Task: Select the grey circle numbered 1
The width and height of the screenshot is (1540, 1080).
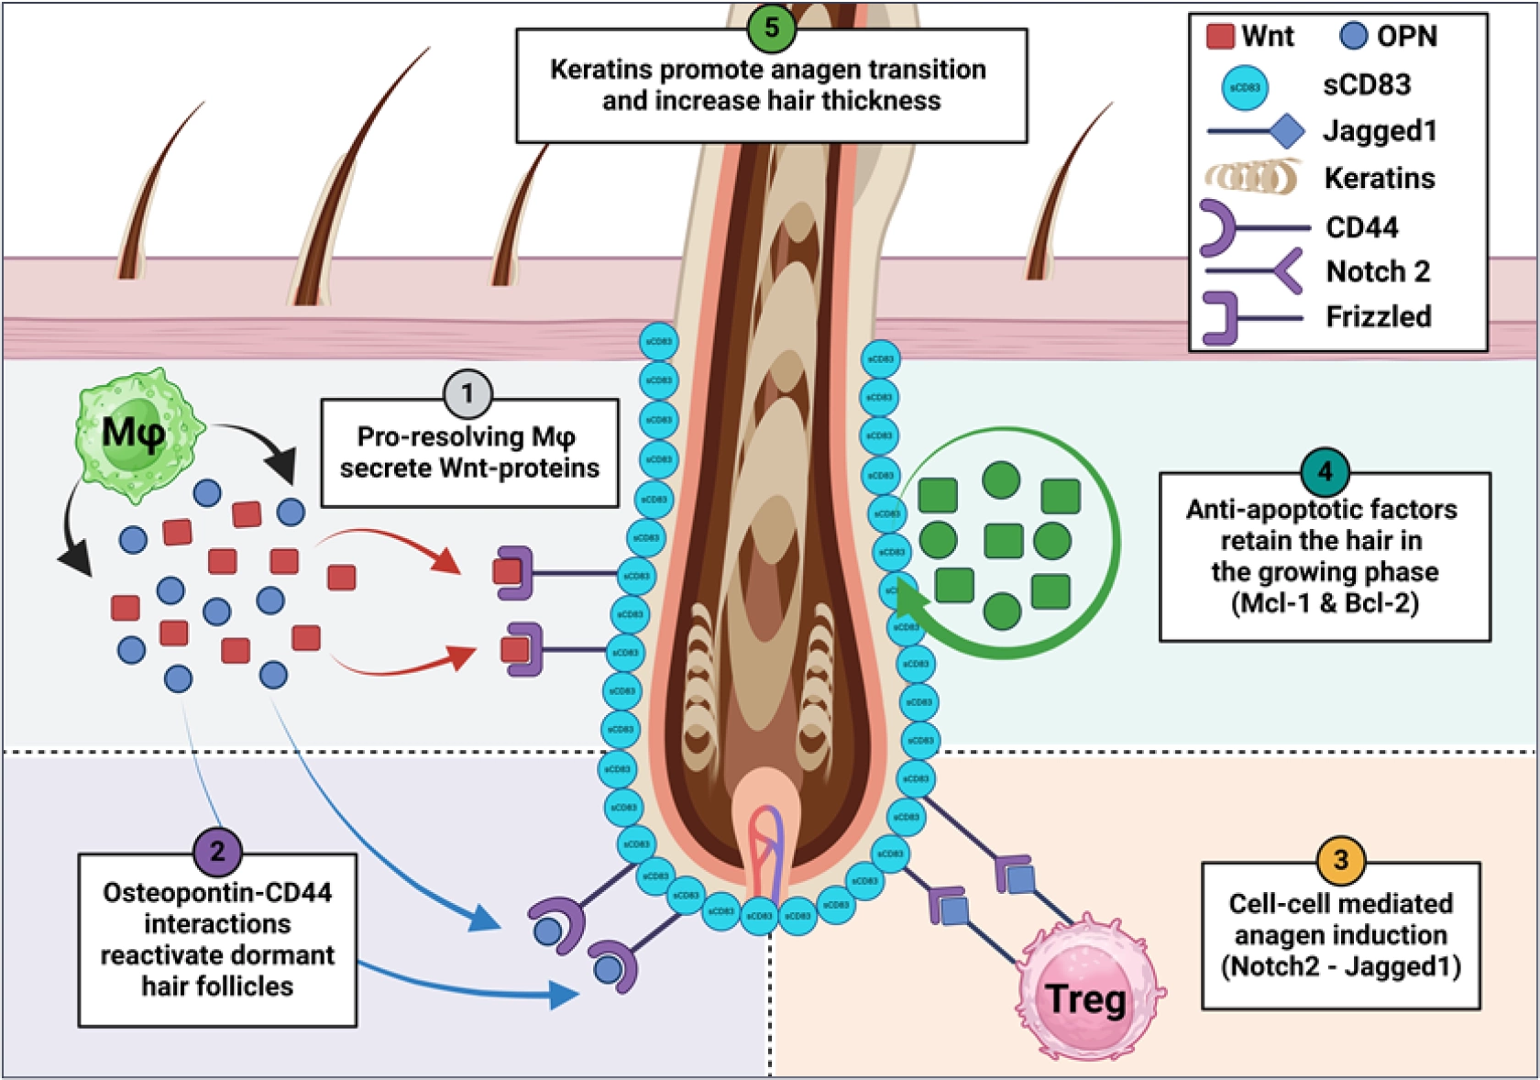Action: click(467, 393)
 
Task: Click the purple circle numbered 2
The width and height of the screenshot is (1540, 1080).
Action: click(217, 851)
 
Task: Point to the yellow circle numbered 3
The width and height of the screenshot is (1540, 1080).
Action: click(1341, 860)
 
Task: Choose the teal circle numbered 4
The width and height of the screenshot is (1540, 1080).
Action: click(1325, 472)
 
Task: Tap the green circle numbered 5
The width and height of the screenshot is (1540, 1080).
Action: click(771, 28)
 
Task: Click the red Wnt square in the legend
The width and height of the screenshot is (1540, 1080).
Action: click(1220, 37)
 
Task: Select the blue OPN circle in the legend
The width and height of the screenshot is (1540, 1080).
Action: click(1353, 37)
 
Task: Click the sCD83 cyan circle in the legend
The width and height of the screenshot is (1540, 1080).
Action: click(1245, 87)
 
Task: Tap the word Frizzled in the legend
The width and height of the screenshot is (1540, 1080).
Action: click(1378, 317)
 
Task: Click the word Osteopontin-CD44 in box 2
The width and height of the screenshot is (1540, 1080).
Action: click(217, 892)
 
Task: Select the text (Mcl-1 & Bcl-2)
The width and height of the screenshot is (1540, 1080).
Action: click(1325, 603)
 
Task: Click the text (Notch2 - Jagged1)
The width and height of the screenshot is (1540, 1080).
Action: click(1340, 966)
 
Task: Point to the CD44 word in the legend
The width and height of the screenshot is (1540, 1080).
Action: click(1361, 227)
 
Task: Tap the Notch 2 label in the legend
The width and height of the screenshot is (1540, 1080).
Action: click(1377, 272)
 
